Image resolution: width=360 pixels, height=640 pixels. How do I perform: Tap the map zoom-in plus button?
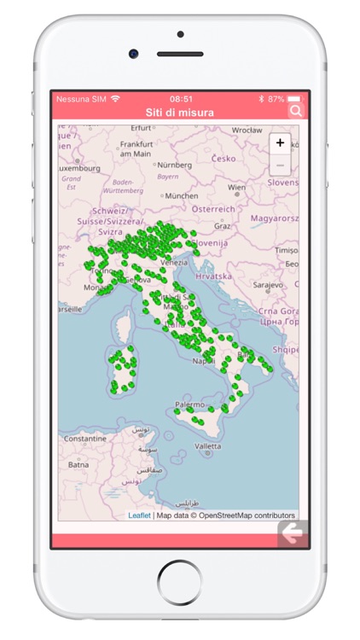pyautogui.click(x=280, y=143)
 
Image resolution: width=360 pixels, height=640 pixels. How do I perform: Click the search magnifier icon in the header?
pyautogui.click(x=295, y=111)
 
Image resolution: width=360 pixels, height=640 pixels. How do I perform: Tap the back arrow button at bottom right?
pyautogui.click(x=293, y=534)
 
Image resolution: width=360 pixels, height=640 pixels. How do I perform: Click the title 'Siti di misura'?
pyautogui.click(x=179, y=112)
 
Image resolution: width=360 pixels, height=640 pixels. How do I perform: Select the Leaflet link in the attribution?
pyautogui.click(x=139, y=515)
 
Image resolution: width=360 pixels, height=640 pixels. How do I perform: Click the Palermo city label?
pyautogui.click(x=189, y=404)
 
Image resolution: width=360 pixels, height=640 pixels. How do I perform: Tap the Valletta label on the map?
pyautogui.click(x=207, y=445)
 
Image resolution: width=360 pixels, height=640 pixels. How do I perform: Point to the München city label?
pyautogui.click(x=181, y=195)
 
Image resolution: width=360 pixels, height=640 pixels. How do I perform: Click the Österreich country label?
pyautogui.click(x=212, y=209)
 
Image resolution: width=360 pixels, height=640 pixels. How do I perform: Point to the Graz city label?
pyautogui.click(x=223, y=226)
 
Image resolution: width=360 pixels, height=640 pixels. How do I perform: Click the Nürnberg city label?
pyautogui.click(x=175, y=165)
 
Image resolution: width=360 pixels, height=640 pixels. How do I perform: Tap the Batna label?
pyautogui.click(x=78, y=464)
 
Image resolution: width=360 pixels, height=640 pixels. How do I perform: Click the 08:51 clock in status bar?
pyautogui.click(x=180, y=99)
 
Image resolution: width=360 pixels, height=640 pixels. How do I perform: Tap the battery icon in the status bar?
pyautogui.click(x=294, y=99)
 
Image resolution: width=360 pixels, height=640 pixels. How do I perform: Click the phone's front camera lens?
pyautogui.click(x=134, y=53)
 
